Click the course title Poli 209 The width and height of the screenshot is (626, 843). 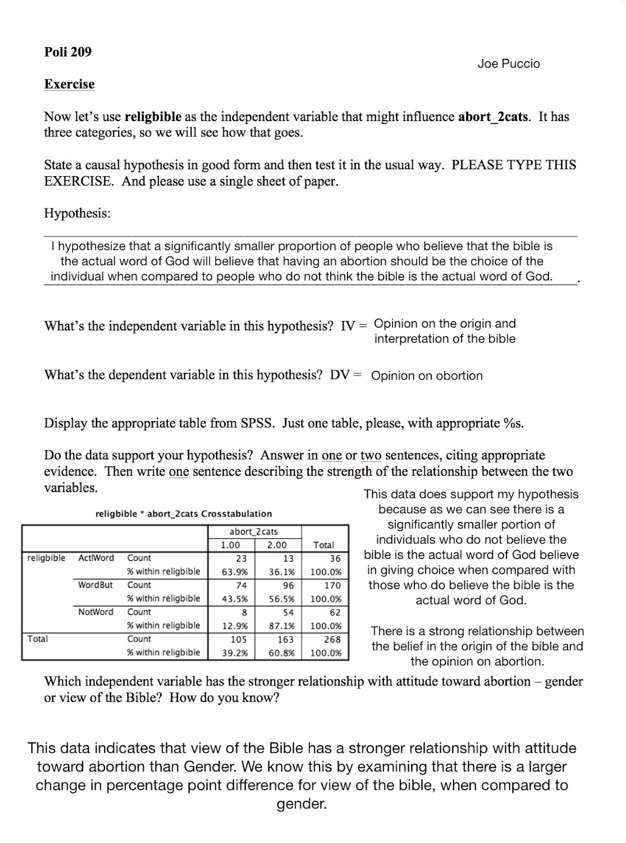tap(68, 52)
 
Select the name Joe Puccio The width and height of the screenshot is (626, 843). tap(508, 64)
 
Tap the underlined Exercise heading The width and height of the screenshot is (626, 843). tap(69, 84)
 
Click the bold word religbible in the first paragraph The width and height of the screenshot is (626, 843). tap(153, 116)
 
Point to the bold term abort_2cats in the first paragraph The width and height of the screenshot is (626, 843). tap(493, 116)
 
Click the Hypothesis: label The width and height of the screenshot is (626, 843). tap(78, 214)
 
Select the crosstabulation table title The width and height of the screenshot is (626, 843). tap(184, 514)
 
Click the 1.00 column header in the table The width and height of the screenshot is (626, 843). tap(230, 545)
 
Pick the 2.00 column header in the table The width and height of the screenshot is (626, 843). tap(277, 545)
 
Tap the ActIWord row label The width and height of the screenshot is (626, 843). tap(96, 558)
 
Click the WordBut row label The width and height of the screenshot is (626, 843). tap(95, 585)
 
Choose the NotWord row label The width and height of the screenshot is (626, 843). tap(96, 612)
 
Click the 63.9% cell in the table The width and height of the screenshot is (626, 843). tap(235, 572)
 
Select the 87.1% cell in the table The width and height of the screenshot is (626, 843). tap(282, 626)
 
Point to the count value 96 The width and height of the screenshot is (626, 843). tap(288, 586)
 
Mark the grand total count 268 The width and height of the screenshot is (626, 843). tap(332, 639)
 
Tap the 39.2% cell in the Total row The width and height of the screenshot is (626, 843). tap(235, 653)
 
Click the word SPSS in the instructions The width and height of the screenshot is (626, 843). tap(256, 423)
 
